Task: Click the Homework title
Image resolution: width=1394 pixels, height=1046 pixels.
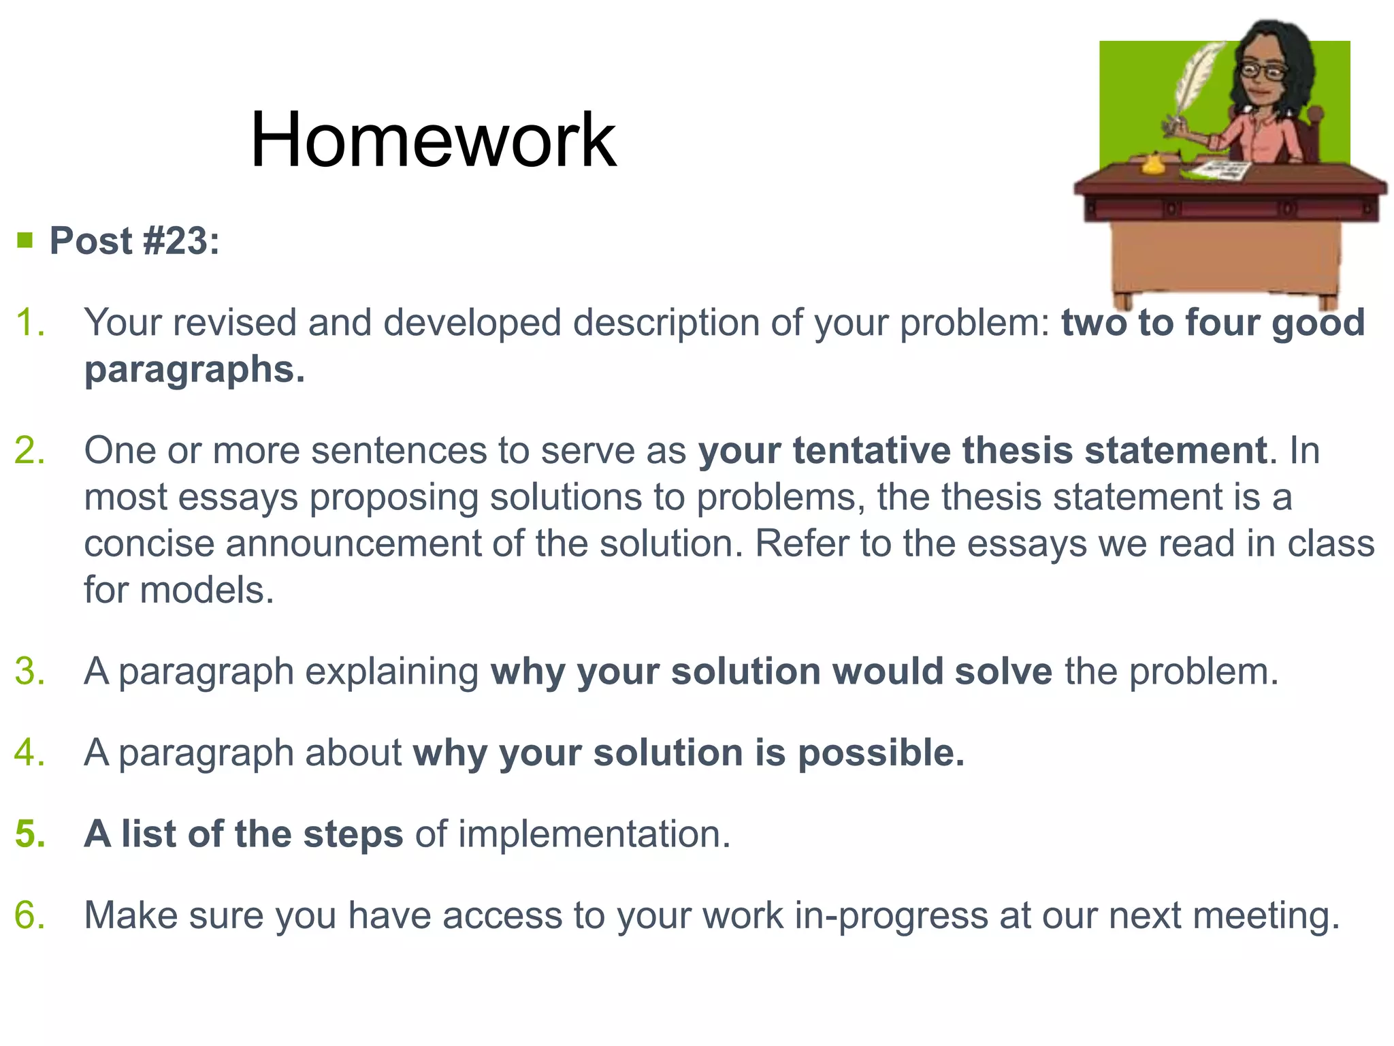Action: click(x=433, y=140)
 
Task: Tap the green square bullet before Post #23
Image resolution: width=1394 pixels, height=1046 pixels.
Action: click(x=25, y=240)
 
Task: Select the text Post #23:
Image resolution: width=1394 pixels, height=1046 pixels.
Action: click(x=135, y=241)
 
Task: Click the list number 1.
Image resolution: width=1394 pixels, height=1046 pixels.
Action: click(x=31, y=323)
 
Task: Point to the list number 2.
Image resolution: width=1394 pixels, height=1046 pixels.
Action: click(x=31, y=451)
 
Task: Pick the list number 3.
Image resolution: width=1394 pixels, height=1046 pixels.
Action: click(x=31, y=671)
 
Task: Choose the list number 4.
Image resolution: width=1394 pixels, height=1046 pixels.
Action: click(x=31, y=753)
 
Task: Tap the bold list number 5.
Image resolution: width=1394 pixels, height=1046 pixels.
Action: click(x=31, y=834)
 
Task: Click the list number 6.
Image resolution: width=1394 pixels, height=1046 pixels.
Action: click(x=31, y=915)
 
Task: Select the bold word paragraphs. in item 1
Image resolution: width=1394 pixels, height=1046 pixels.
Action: click(x=195, y=370)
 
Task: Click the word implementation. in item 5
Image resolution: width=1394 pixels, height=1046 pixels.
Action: click(x=594, y=834)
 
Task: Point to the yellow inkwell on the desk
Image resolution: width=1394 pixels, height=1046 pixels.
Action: click(x=1152, y=163)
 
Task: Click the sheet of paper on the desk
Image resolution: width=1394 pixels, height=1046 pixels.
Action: click(x=1222, y=170)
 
